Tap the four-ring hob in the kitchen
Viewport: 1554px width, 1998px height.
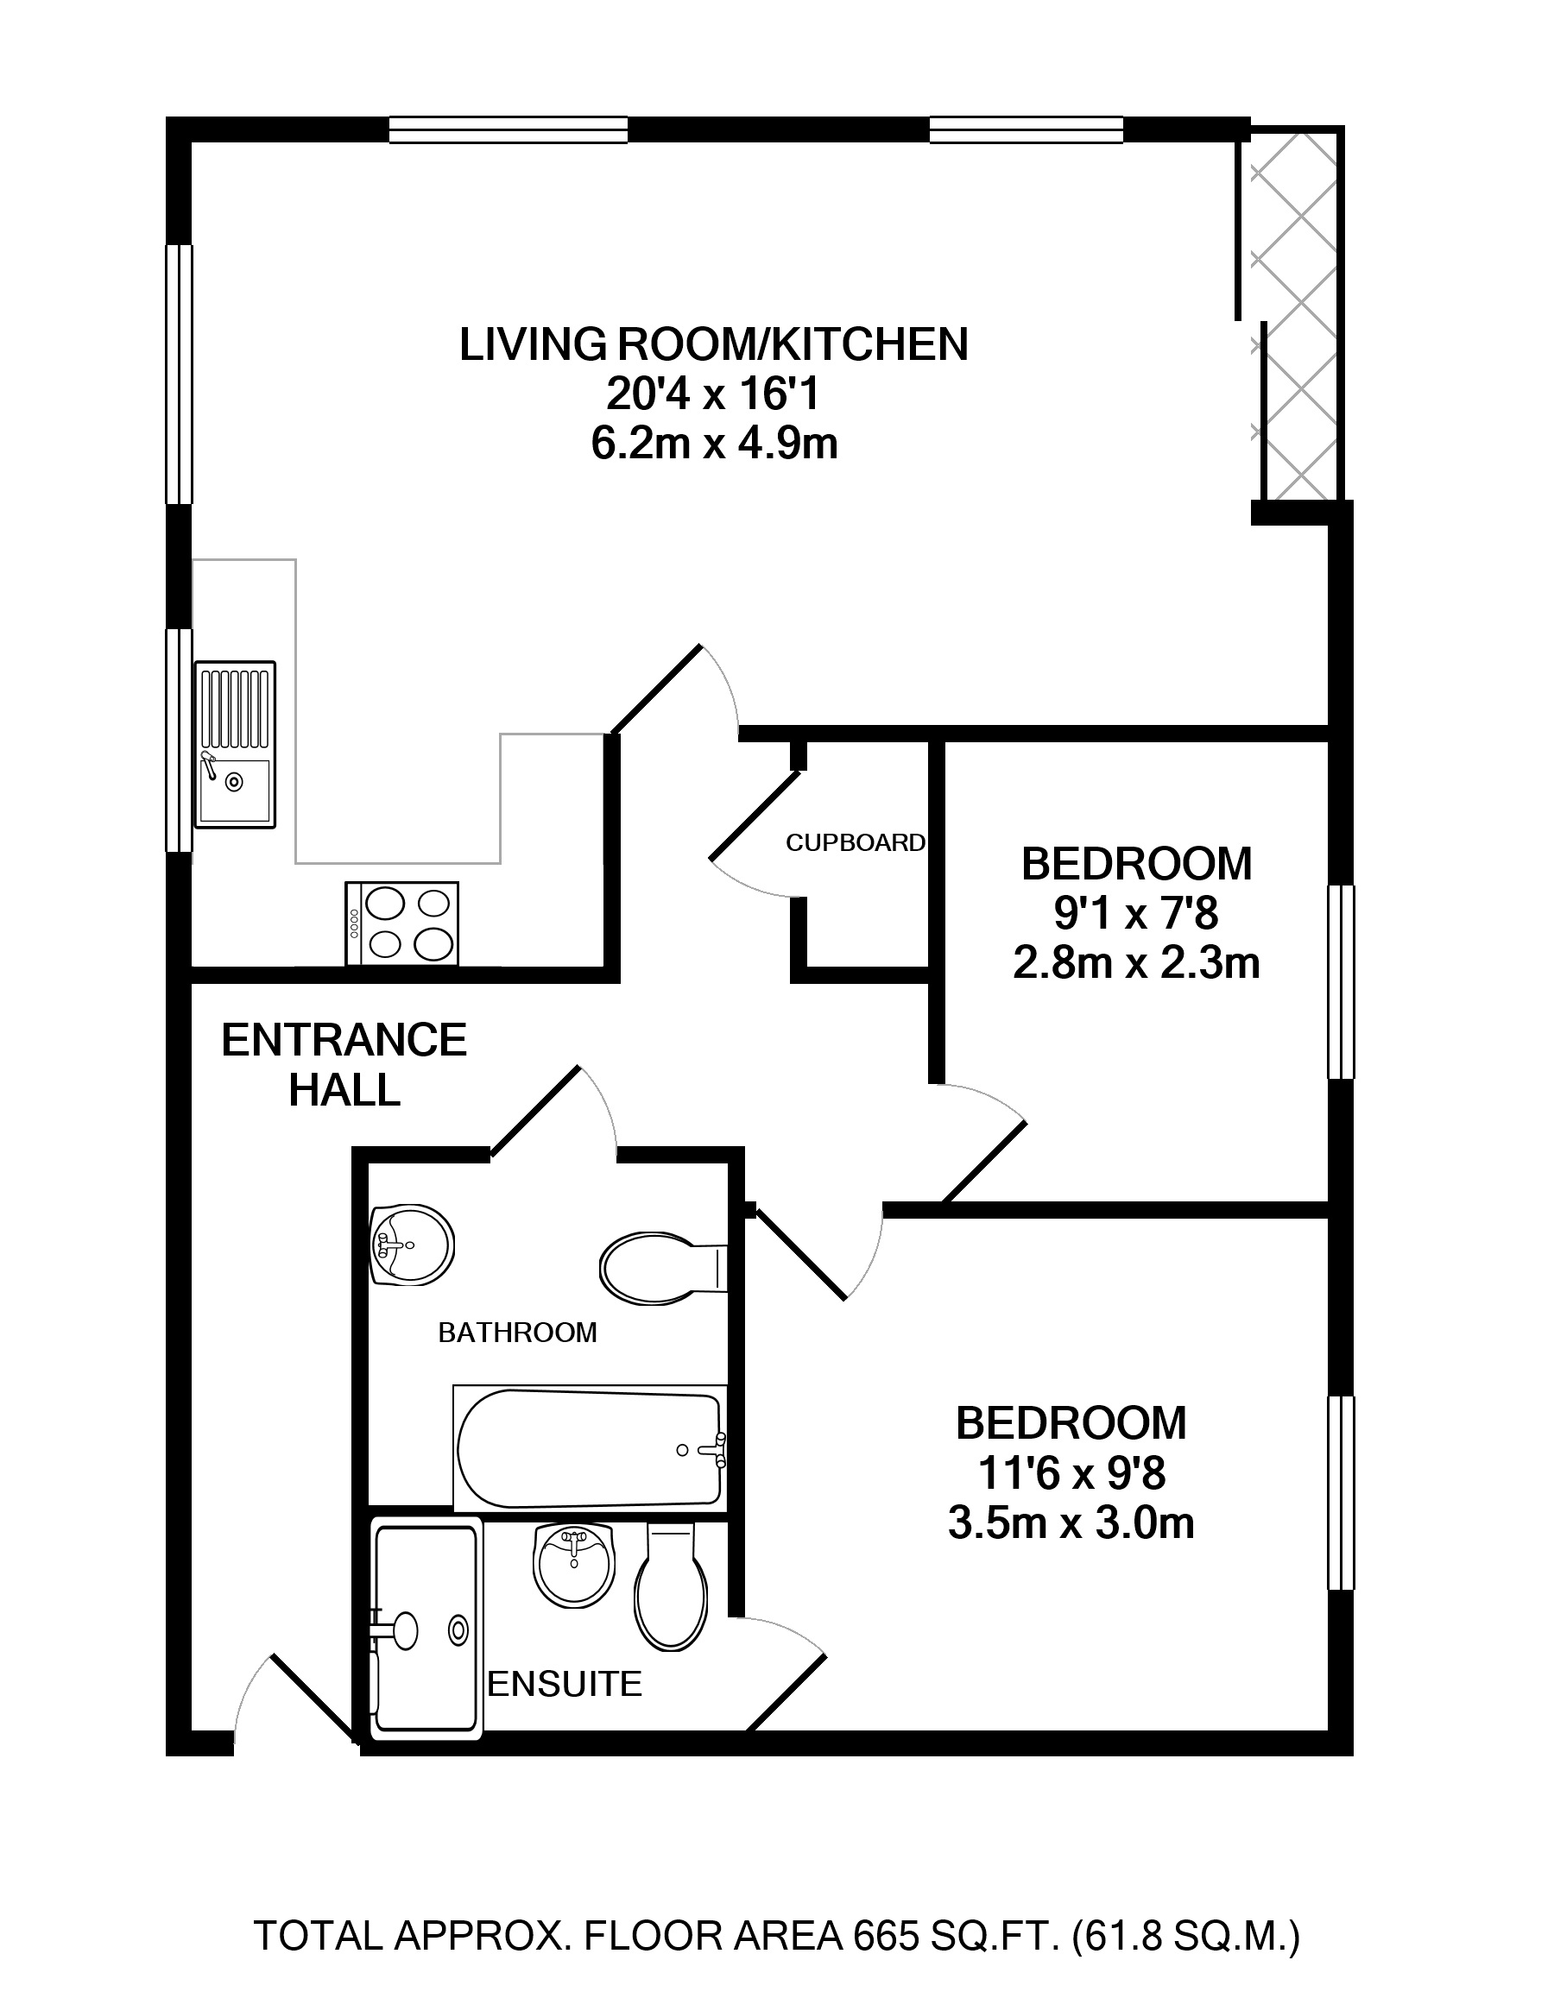point(401,923)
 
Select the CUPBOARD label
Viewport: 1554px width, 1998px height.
point(856,842)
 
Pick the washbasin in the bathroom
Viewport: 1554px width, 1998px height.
point(412,1245)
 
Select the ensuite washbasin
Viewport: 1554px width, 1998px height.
point(574,1564)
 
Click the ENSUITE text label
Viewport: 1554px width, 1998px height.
point(565,1683)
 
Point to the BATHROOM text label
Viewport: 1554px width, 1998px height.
point(517,1333)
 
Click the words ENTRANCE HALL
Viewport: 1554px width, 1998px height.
point(344,1065)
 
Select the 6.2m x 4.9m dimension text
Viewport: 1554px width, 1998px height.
point(714,444)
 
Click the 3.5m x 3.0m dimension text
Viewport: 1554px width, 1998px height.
point(1071,1524)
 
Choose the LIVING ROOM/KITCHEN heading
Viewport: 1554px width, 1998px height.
point(714,345)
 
